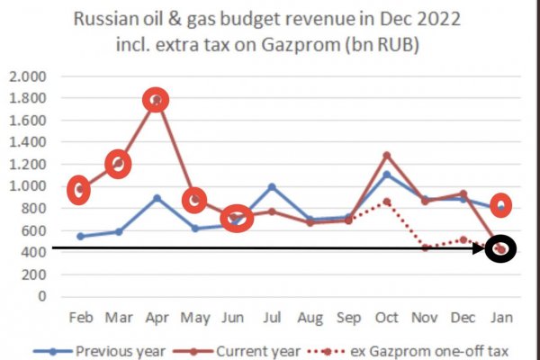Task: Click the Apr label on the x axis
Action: [157, 319]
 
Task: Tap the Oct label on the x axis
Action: [387, 319]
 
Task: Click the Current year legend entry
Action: [265, 351]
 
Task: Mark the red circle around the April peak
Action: [157, 101]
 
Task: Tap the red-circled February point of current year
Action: [80, 189]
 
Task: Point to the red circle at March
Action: [118, 165]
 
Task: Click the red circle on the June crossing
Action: [237, 219]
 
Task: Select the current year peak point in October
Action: [387, 156]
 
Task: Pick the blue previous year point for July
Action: [272, 187]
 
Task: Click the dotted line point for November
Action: [425, 247]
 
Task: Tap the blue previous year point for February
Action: [80, 236]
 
